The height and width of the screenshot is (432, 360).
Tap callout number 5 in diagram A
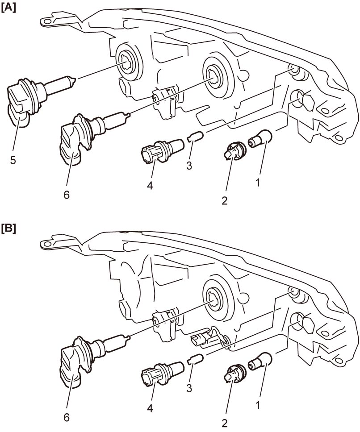pos(13,160)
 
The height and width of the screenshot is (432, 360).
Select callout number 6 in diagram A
pos(67,195)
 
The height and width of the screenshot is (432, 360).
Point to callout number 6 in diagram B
pos(67,418)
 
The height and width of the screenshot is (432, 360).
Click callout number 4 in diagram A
pos(150,185)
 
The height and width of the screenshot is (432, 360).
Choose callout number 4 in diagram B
pos(150,408)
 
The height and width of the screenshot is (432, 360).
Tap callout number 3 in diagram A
pos(189,166)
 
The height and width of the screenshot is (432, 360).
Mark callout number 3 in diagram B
pos(189,388)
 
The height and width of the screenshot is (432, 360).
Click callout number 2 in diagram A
pos(224,200)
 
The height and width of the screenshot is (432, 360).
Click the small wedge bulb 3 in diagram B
pos(196,359)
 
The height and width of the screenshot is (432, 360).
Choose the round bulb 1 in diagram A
pos(260,139)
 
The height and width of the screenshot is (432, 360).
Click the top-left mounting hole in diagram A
pos(47,21)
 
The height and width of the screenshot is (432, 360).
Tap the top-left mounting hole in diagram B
pos(47,244)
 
